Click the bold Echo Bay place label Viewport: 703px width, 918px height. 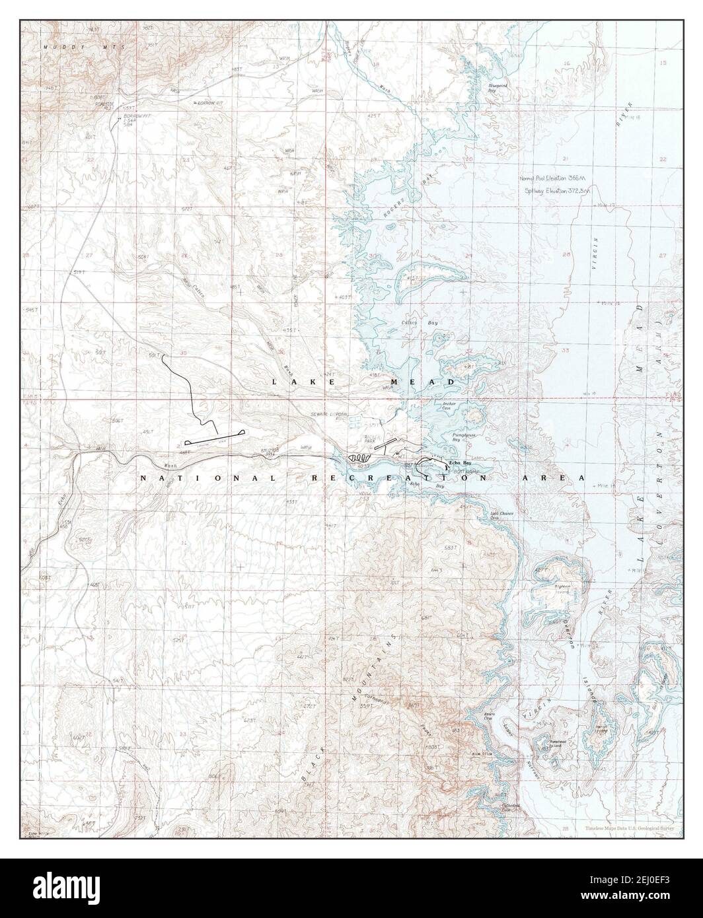(x=461, y=463)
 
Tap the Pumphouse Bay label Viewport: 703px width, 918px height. (x=461, y=437)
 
